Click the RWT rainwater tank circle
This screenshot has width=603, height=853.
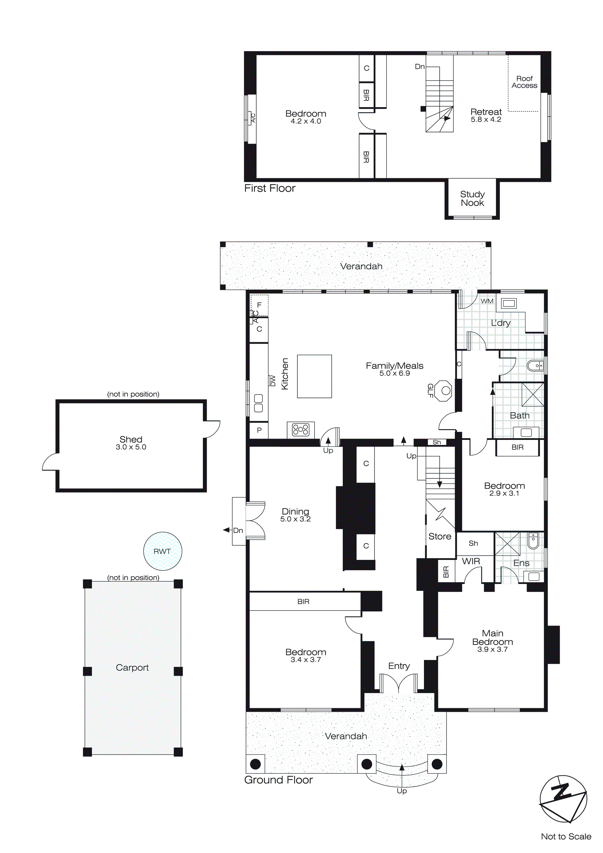[163, 551]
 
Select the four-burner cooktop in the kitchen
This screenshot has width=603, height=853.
[301, 430]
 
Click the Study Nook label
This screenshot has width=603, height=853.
[472, 198]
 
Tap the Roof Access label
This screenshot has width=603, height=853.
[524, 82]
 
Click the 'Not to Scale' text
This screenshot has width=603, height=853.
[566, 836]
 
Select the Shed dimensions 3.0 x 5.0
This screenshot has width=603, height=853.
[131, 447]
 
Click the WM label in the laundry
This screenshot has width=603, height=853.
[487, 301]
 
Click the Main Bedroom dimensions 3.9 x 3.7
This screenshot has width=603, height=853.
[492, 649]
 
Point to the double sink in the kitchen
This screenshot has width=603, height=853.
[258, 403]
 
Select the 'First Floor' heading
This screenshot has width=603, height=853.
[270, 188]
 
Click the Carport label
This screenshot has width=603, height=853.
[132, 668]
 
